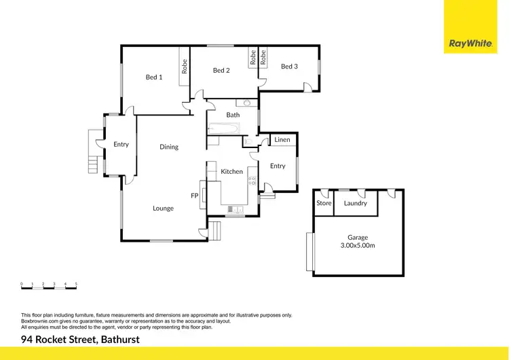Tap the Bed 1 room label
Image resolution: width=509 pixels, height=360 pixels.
point(154,77)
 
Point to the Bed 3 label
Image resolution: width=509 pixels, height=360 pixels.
point(289,67)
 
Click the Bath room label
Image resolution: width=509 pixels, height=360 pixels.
point(233,115)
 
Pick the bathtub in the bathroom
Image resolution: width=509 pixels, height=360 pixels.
point(225,128)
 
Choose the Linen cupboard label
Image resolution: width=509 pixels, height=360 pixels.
point(282,140)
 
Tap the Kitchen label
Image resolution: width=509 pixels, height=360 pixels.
point(231,172)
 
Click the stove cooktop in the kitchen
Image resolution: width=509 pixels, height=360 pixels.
point(252,180)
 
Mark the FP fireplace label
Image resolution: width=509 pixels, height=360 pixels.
point(194,196)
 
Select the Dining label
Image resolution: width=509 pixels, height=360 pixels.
point(169,147)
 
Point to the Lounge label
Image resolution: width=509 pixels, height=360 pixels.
point(163,209)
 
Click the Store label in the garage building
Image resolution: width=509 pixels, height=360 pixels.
point(324,203)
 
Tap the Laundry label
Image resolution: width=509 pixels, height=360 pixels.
point(356,203)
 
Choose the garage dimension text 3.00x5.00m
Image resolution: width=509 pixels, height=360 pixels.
point(358,246)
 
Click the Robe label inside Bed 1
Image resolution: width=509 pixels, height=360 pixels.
point(184,67)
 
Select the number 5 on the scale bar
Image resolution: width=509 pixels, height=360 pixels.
point(76,283)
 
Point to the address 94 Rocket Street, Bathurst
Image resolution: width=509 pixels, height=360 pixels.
point(80,340)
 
